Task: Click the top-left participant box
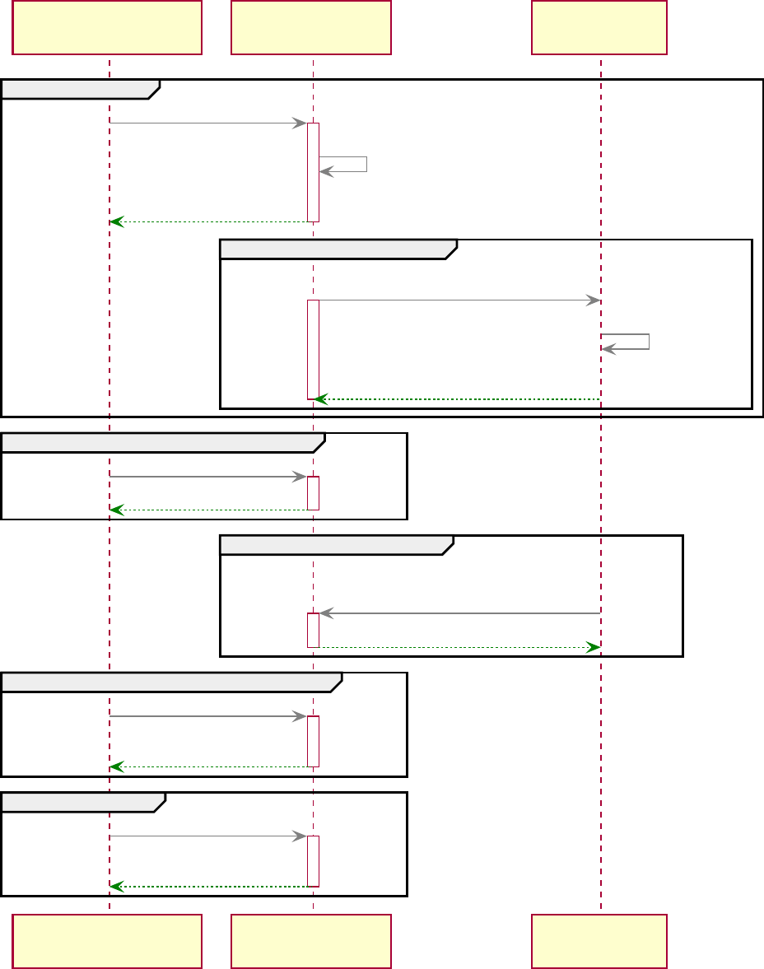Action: point(107,27)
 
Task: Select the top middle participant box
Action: point(311,27)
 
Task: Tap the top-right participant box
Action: point(599,27)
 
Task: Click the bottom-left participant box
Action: point(107,941)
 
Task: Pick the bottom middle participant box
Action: point(311,941)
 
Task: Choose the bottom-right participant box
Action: point(599,941)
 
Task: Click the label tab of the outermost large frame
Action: point(78,89)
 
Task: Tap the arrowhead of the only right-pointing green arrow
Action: point(592,648)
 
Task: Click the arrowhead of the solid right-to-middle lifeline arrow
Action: point(326,613)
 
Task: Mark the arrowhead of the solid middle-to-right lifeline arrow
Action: point(592,300)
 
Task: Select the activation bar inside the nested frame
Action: point(313,350)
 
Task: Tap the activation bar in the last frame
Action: point(313,861)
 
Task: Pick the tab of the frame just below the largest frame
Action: point(161,442)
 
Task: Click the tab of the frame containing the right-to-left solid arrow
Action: point(334,544)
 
